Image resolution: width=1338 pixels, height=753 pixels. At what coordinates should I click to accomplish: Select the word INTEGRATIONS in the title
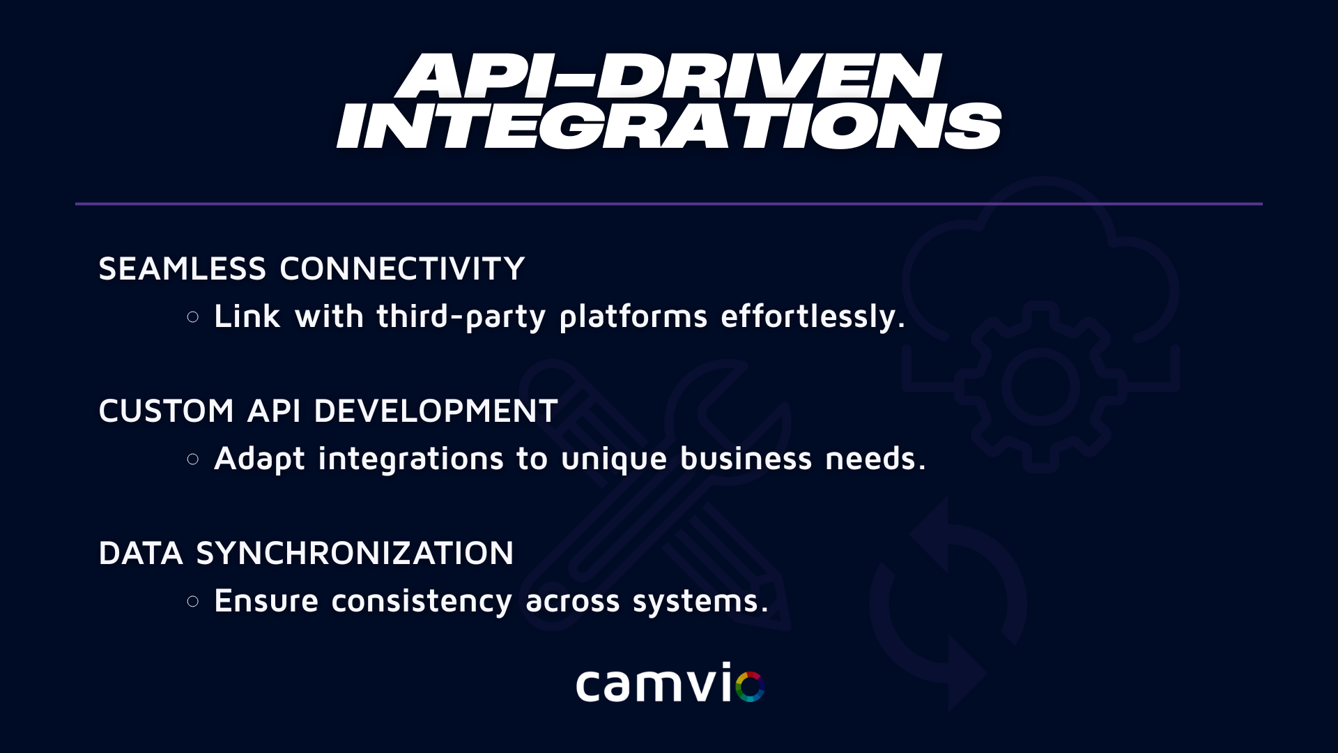point(669,125)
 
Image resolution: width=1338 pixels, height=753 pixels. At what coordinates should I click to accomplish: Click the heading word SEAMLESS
point(183,269)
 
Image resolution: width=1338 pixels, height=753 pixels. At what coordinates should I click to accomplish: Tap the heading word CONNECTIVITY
point(402,269)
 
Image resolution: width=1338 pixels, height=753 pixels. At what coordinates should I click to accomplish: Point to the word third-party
point(461,317)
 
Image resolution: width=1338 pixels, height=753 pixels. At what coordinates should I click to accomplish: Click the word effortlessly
point(813,317)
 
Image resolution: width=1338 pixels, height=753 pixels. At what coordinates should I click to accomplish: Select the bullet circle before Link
point(193,317)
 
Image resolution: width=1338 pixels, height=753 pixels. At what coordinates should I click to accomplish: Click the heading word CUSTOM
point(166,411)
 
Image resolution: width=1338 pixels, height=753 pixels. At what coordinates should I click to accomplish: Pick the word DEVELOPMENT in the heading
point(436,411)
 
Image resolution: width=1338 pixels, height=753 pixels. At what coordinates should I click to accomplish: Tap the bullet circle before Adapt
point(193,459)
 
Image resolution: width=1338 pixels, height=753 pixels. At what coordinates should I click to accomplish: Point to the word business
point(746,458)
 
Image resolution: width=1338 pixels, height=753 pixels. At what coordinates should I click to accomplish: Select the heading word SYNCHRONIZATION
point(355,554)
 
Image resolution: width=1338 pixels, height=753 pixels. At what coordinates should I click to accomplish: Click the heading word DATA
point(141,554)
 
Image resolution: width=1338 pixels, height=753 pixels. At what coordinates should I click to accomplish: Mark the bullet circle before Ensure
point(193,601)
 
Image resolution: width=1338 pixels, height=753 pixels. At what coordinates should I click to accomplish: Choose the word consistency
point(422,602)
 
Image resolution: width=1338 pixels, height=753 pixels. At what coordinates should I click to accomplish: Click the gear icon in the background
point(1040,387)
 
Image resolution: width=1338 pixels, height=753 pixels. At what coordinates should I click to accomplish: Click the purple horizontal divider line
point(669,204)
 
